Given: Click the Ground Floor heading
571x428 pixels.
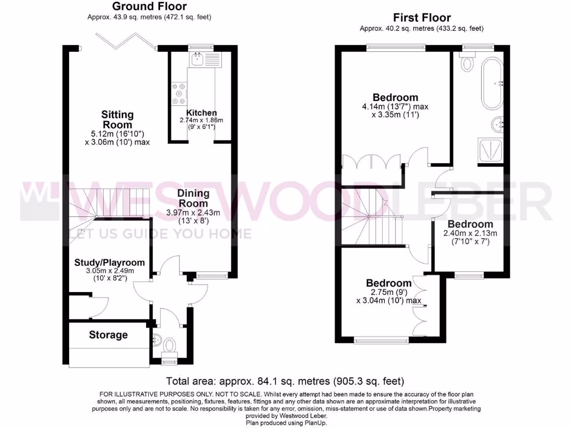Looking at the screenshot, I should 149,7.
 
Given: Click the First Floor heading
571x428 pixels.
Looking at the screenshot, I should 422,18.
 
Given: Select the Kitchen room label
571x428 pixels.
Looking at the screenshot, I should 201,113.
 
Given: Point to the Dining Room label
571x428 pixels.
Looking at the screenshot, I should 193,198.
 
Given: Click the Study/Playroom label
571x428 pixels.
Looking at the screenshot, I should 110,262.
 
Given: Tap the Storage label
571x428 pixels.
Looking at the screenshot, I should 108,335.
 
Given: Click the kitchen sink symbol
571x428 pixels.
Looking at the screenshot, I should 197,58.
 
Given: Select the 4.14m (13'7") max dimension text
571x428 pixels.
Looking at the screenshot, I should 395,106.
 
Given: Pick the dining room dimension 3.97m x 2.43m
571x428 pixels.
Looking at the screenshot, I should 193,212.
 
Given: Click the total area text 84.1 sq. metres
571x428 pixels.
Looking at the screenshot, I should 285,382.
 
